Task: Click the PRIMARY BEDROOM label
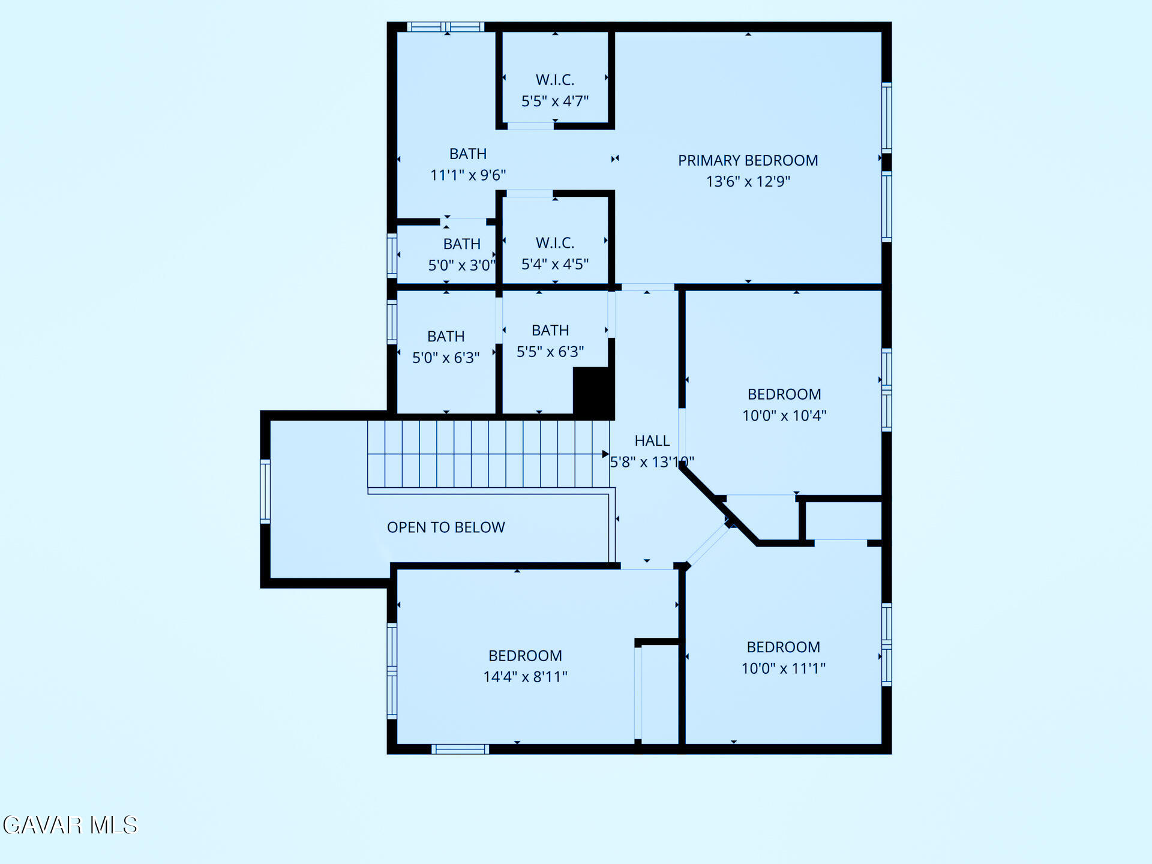pyautogui.click(x=748, y=160)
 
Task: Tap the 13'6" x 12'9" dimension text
pyautogui.click(x=748, y=181)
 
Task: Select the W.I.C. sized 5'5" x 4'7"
pyautogui.click(x=554, y=90)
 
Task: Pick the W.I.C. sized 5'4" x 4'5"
pyautogui.click(x=554, y=253)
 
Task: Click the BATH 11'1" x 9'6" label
pyautogui.click(x=467, y=164)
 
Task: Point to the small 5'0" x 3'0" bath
pyautogui.click(x=461, y=254)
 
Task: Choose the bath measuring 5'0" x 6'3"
pyautogui.click(x=445, y=347)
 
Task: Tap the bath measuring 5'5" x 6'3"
pyautogui.click(x=550, y=341)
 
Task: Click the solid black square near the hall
pyautogui.click(x=592, y=391)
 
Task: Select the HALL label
pyautogui.click(x=652, y=440)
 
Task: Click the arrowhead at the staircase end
pyautogui.click(x=605, y=454)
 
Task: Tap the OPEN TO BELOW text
pyautogui.click(x=446, y=527)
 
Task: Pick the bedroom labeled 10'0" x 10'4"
pyautogui.click(x=784, y=404)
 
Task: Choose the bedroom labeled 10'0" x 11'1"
pyautogui.click(x=783, y=658)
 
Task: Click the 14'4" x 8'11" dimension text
pyautogui.click(x=525, y=677)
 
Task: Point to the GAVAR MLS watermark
pyautogui.click(x=70, y=825)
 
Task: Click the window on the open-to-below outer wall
pyautogui.click(x=265, y=491)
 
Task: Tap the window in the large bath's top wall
pyautogui.click(x=445, y=26)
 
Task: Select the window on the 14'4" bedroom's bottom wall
pyautogui.click(x=460, y=749)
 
